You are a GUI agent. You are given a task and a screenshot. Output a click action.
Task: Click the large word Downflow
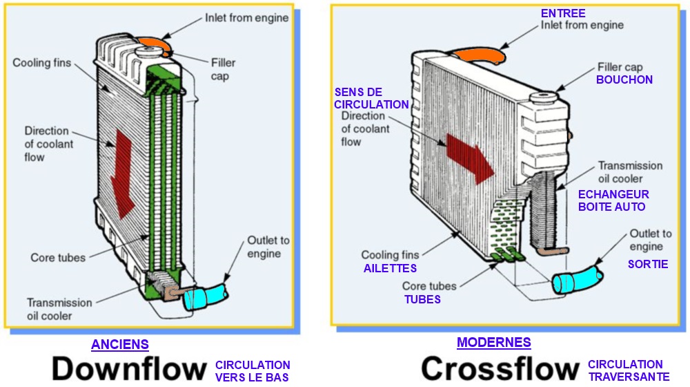click(129, 368)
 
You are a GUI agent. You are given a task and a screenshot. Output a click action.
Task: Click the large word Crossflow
click(500, 368)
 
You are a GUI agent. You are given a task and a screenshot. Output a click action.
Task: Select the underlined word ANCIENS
click(120, 344)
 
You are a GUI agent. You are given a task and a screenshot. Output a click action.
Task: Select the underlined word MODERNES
click(494, 342)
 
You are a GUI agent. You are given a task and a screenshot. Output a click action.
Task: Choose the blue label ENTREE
click(563, 13)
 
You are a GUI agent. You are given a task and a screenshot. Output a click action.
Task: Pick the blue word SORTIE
click(647, 264)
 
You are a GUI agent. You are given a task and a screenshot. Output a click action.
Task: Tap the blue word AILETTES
click(390, 268)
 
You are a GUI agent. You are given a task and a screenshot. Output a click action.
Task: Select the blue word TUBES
click(422, 299)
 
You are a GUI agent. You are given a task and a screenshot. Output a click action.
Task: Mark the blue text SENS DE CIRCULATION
click(371, 98)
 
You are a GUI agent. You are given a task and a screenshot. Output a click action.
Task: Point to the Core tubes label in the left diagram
click(58, 258)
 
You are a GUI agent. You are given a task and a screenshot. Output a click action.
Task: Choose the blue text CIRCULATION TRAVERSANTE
click(628, 370)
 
